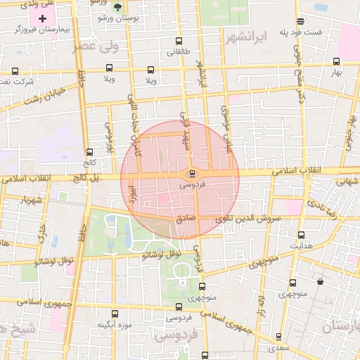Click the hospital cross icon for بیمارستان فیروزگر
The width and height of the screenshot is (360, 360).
pyautogui.click(x=42, y=18)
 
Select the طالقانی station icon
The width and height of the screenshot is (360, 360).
pyautogui.click(x=179, y=41)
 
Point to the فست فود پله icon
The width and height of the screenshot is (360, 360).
pyautogui.click(x=301, y=21)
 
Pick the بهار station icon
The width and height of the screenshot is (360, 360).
pyautogui.click(x=336, y=61)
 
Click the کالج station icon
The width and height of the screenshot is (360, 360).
pyautogui.click(x=89, y=151)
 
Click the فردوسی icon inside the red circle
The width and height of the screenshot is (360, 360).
pyautogui.click(x=191, y=174)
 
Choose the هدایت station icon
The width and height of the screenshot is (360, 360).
pyautogui.click(x=302, y=235)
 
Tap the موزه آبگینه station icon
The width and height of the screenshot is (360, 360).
pyautogui.click(x=115, y=314)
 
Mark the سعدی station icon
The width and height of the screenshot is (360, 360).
pyautogui.click(x=278, y=337)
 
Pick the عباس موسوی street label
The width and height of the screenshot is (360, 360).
pyautogui.click(x=226, y=127)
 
